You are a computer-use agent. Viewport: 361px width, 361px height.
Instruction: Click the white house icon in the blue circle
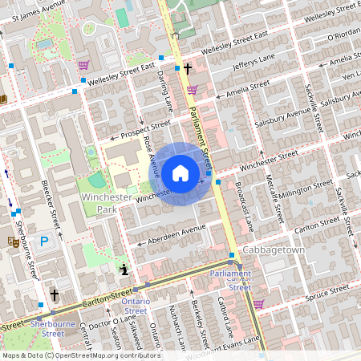[x=180, y=172]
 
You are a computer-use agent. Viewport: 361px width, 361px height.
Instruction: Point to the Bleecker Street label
[x=51, y=206]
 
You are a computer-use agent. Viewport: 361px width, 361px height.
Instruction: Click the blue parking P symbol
[x=45, y=241]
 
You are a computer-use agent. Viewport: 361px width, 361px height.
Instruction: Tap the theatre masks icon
[x=12, y=241]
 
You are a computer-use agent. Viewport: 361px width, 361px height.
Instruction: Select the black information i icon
[x=124, y=269]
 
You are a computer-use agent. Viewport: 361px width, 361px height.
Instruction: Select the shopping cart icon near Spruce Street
[x=258, y=304]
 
